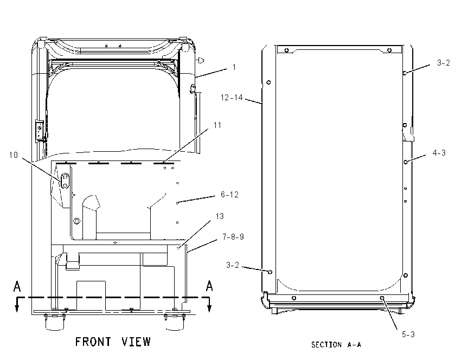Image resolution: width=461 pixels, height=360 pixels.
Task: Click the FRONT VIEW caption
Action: pos(113,342)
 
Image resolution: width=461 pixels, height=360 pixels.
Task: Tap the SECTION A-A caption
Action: pos(336,344)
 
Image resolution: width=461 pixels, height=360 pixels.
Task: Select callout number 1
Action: pos(234,67)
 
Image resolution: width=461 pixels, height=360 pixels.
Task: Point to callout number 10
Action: pos(14,155)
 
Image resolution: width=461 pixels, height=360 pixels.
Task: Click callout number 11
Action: pos(217,125)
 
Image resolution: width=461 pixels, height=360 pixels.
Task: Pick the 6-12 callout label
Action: pos(229,195)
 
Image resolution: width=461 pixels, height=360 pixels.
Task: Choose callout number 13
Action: pos(220,216)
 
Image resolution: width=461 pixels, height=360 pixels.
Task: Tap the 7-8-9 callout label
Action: pos(233,237)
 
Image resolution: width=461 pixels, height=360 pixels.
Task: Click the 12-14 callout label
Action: pos(232,97)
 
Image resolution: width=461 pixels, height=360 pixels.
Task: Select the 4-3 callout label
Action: pos(439,153)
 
